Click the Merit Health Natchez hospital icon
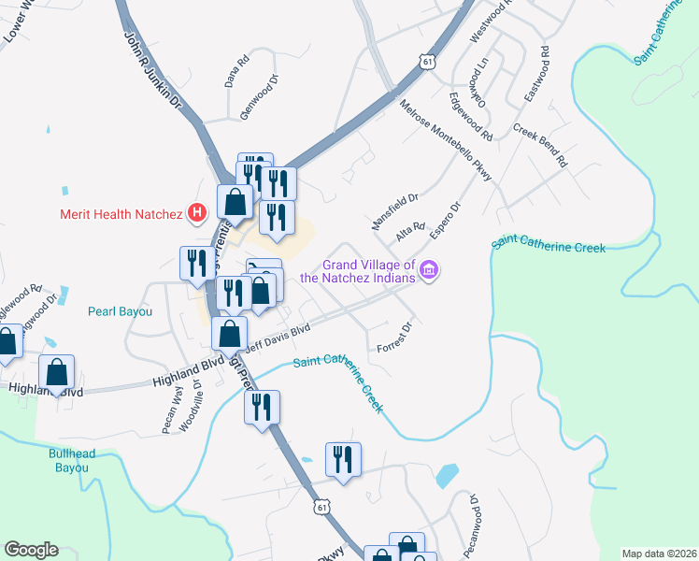click(196, 214)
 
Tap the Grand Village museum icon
click(429, 271)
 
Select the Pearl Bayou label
click(120, 311)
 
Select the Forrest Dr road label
click(394, 338)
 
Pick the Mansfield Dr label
click(396, 212)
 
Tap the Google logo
click(31, 550)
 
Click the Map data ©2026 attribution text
click(659, 554)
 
